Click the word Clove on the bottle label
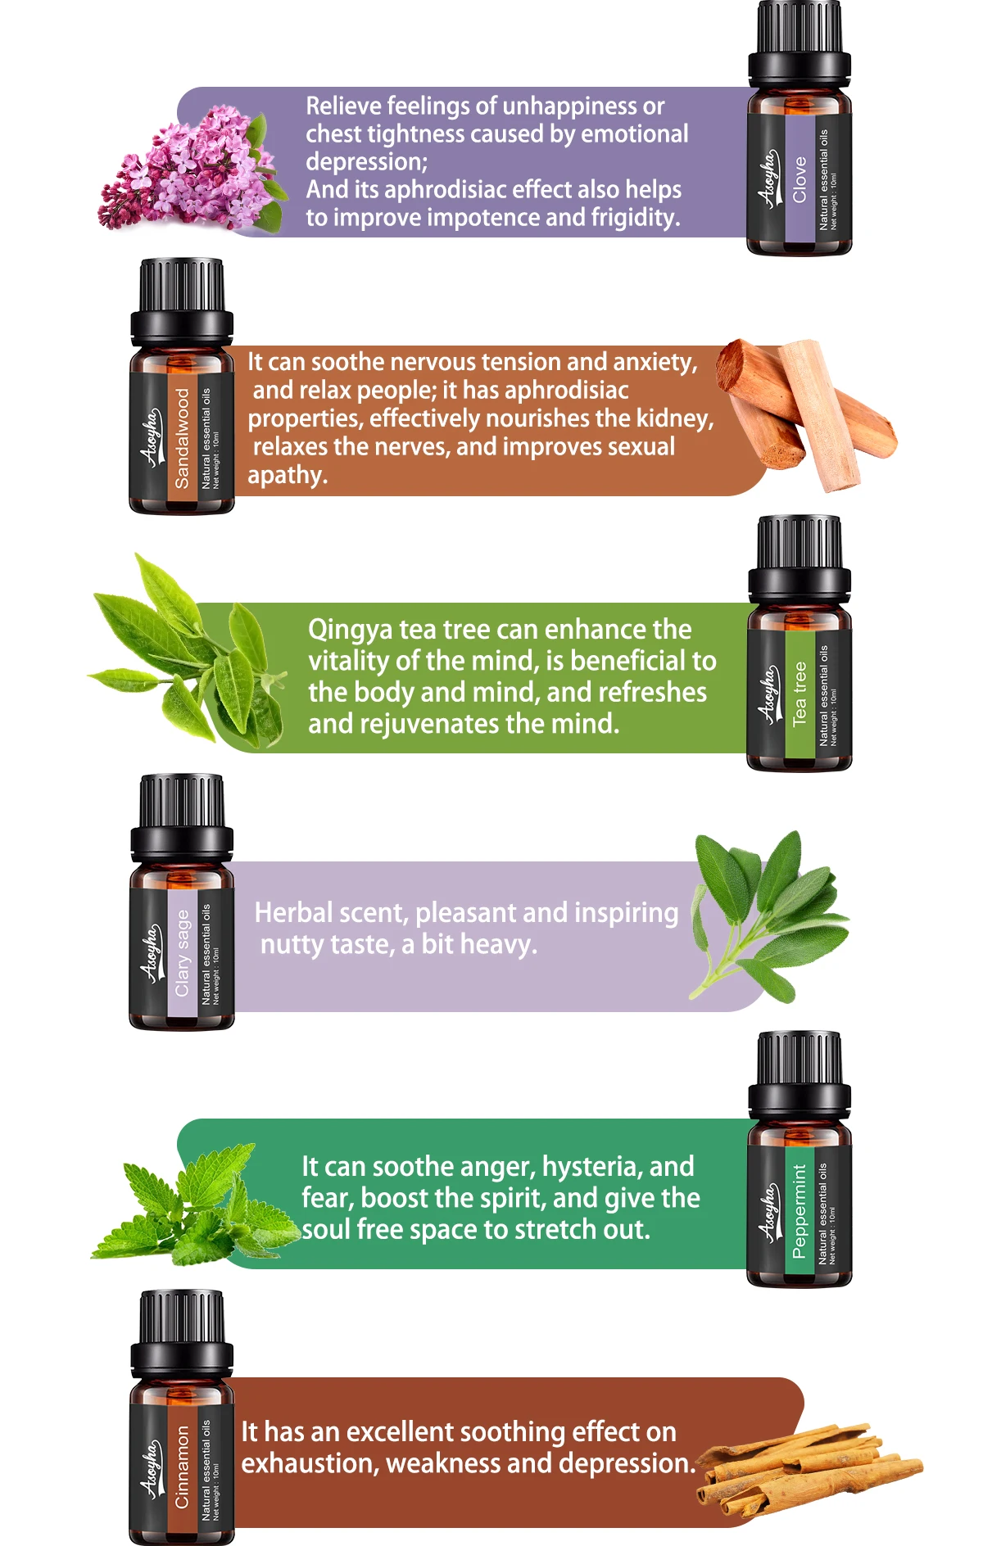tap(800, 179)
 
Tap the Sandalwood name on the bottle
tap(182, 438)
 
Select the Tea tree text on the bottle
tap(800, 694)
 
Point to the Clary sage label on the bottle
tap(182, 952)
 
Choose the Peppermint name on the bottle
tap(800, 1211)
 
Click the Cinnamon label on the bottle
tap(182, 1467)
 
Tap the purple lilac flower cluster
tap(193, 168)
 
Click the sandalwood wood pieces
tap(806, 414)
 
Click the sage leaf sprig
tap(768, 915)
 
